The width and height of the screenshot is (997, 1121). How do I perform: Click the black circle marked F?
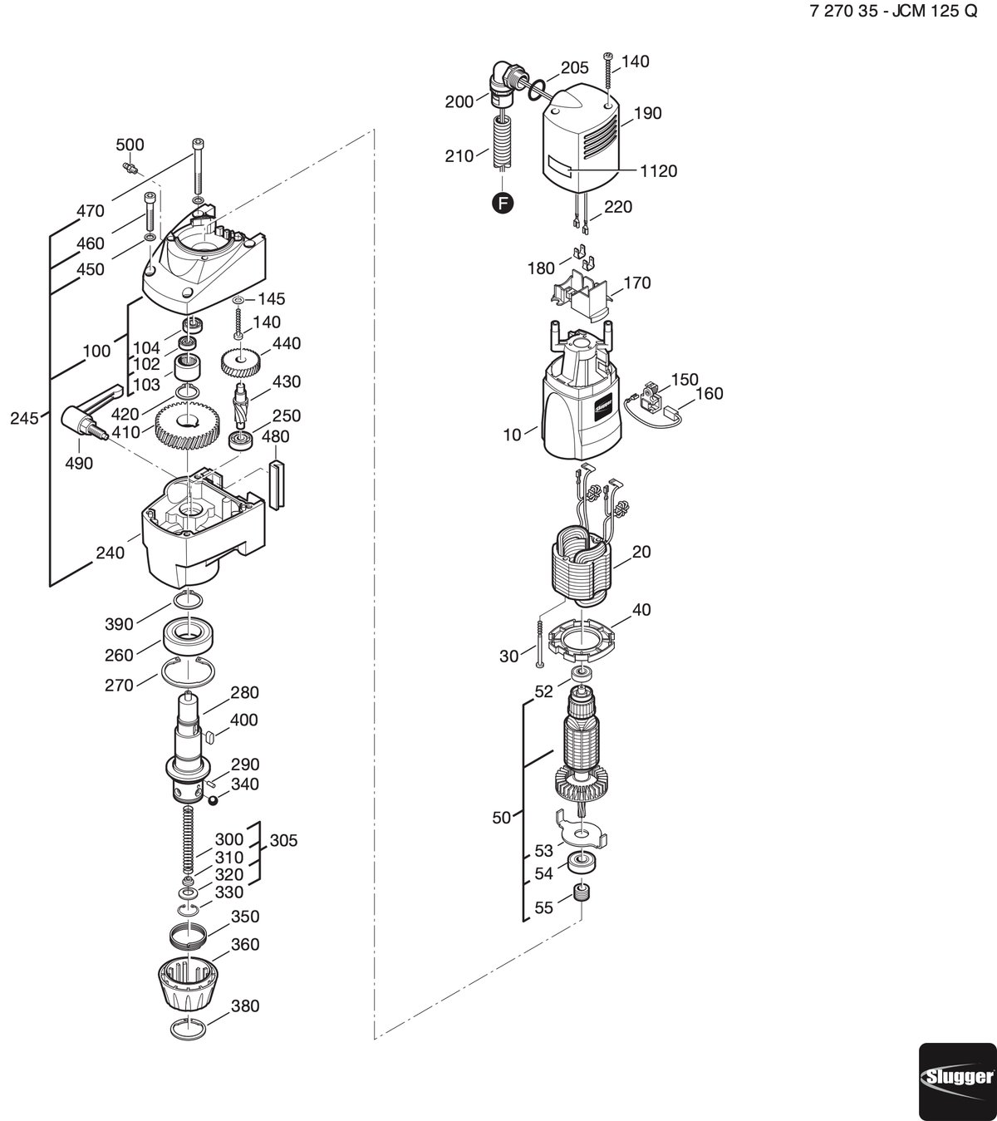click(x=503, y=203)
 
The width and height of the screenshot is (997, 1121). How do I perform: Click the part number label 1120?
click(x=658, y=171)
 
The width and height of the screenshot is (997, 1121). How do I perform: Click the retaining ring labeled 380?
click(x=188, y=1029)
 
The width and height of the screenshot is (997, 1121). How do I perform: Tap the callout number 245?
click(x=24, y=418)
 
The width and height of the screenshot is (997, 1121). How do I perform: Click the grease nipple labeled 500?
click(x=130, y=166)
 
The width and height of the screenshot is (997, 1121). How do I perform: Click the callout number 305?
click(x=283, y=840)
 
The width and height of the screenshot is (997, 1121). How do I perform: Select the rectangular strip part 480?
click(x=276, y=484)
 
